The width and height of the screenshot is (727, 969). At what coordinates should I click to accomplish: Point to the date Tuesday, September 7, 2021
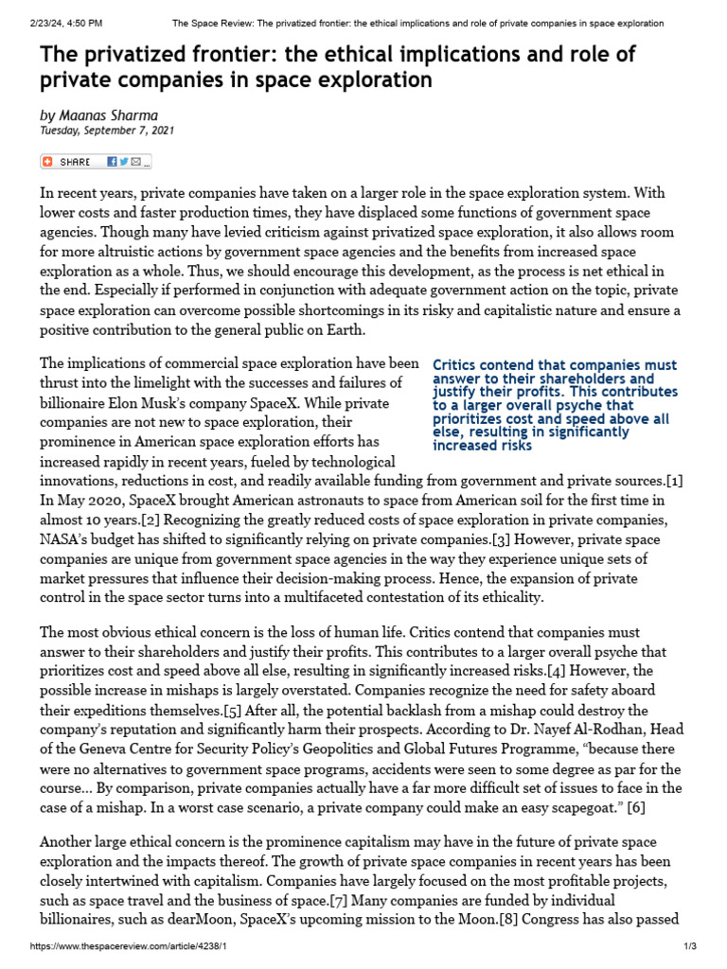click(x=106, y=131)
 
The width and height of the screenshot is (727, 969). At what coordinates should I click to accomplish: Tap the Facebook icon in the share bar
click(x=112, y=162)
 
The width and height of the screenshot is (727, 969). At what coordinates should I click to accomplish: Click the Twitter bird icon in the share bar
click(x=124, y=162)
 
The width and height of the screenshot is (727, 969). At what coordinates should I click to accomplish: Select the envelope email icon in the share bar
click(x=136, y=162)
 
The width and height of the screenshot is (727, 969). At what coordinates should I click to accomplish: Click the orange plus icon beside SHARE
click(x=48, y=162)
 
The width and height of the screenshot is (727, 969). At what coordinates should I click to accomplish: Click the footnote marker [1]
click(x=672, y=481)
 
